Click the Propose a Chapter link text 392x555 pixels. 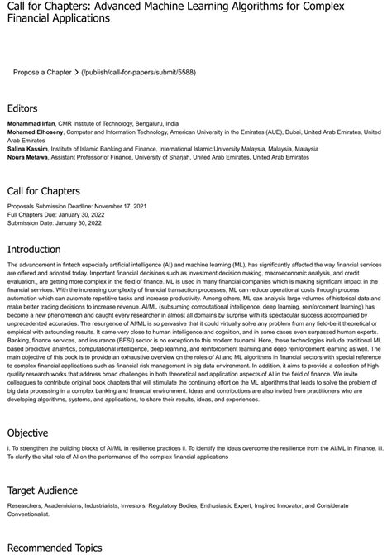(42, 73)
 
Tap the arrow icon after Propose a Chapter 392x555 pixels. (76, 73)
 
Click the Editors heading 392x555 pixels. (22, 108)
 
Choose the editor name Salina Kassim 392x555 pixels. (26, 149)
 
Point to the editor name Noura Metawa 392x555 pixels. (27, 157)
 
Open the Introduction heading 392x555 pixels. (33, 249)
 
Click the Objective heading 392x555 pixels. (28, 432)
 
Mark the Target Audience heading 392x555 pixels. (42, 490)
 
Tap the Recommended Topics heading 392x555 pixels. (54, 547)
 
